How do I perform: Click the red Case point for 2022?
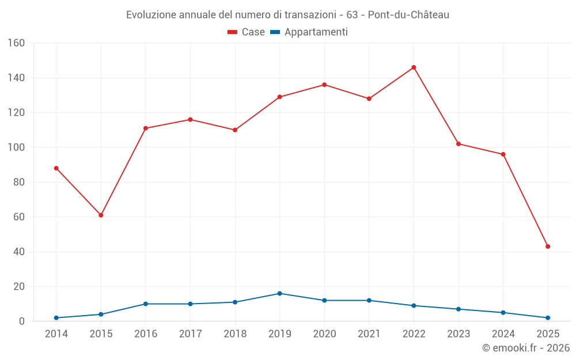[x=414, y=67]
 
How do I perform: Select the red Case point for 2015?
[x=101, y=215]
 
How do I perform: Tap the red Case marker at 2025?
[x=548, y=247]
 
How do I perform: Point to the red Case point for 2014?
[x=56, y=168]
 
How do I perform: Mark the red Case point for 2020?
[x=324, y=85]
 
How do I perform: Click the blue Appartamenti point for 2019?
[x=280, y=293]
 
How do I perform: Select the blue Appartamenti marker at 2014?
[x=56, y=318]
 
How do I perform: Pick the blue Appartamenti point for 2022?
[x=414, y=306]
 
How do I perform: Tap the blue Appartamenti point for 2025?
[x=548, y=318]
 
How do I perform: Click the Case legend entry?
[x=246, y=32]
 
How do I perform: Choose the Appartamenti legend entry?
[x=309, y=32]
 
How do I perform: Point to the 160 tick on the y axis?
[x=16, y=43]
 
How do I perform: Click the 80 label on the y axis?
[x=19, y=183]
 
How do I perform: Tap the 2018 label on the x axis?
[x=235, y=334]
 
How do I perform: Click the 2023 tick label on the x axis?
[x=458, y=334]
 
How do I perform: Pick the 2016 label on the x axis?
[x=146, y=334]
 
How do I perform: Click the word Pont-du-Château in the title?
[x=408, y=14]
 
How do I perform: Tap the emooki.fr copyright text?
[x=526, y=348]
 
